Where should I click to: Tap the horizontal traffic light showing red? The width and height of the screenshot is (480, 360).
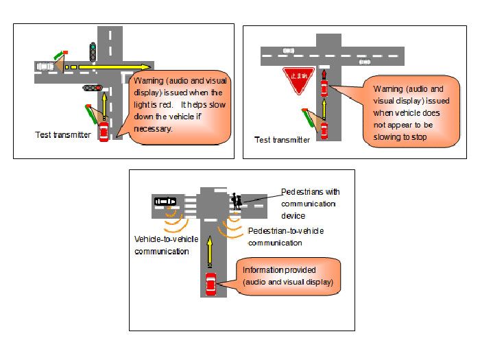92,88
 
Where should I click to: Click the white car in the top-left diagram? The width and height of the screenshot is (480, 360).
45,67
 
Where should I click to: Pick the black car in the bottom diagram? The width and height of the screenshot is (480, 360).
165,202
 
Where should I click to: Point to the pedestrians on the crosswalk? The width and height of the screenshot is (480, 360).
237,202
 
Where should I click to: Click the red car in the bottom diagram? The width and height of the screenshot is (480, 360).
211,282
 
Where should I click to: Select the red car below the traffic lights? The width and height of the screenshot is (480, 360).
104,132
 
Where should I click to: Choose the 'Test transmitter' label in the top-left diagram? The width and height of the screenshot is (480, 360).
63,135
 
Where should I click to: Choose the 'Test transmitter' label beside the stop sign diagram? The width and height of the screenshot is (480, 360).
282,140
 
